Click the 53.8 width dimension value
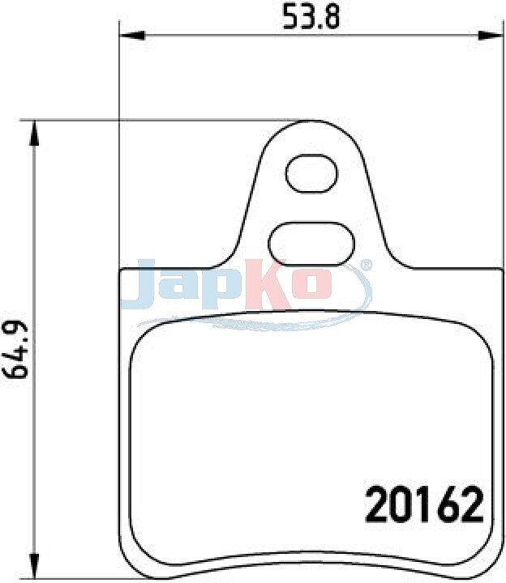point(311,16)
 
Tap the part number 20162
point(424,505)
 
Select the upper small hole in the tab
point(311,173)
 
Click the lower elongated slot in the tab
point(311,245)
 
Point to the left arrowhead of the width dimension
point(131,36)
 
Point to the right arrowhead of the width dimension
point(491,36)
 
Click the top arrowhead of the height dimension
point(34,133)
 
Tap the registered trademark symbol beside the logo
point(366,264)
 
